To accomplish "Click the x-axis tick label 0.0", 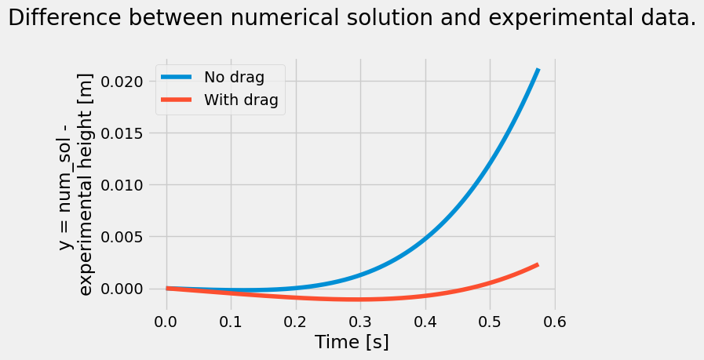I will [166, 322].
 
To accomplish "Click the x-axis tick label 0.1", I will [231, 322].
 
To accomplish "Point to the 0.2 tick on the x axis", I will [295, 322].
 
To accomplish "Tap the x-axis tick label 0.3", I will [360, 322].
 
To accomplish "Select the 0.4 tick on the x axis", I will [425, 322].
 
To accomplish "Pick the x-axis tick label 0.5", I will [490, 322].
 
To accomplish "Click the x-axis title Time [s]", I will [352, 343].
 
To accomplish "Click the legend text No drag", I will [234, 77].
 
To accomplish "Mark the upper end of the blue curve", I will [538, 70].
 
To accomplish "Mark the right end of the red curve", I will [538, 265].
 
